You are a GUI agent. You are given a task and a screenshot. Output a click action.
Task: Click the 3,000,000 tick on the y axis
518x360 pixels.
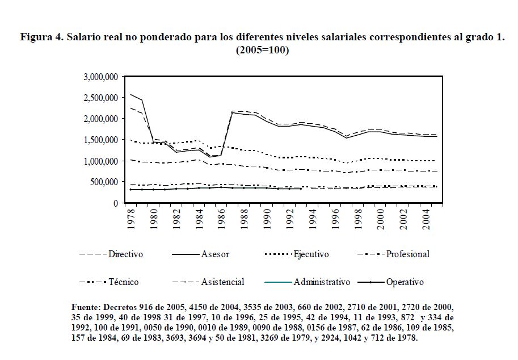pyautogui.click(x=101, y=77)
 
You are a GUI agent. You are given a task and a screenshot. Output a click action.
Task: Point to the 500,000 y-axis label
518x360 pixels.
pyautogui.click(x=105, y=182)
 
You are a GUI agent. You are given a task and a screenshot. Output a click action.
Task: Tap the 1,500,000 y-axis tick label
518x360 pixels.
pyautogui.click(x=101, y=140)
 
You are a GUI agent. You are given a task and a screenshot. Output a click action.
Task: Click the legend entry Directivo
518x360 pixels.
pyautogui.click(x=126, y=254)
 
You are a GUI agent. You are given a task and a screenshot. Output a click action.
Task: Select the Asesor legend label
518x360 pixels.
pyautogui.click(x=215, y=254)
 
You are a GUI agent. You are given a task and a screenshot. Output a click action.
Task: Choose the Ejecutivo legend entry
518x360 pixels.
pyautogui.click(x=311, y=254)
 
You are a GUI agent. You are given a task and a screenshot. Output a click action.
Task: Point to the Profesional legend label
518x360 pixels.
pyautogui.click(x=407, y=254)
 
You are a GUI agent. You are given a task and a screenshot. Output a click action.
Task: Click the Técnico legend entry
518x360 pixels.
pyautogui.click(x=123, y=282)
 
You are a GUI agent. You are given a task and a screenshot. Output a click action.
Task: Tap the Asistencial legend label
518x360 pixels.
pyautogui.click(x=223, y=282)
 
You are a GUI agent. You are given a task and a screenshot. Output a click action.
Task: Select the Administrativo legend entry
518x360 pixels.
pyautogui.click(x=322, y=282)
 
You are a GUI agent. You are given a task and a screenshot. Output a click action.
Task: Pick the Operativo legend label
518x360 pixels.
pyautogui.click(x=405, y=282)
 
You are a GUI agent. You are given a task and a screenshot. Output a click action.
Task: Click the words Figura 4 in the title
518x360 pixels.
pyautogui.click(x=41, y=37)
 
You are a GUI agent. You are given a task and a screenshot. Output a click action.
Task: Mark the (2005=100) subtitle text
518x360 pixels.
pyautogui.click(x=262, y=50)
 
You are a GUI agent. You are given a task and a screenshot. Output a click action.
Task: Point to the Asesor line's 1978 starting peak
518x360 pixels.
pyautogui.click(x=130, y=94)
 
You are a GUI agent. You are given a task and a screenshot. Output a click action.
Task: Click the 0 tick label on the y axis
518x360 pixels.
pyautogui.click(x=115, y=203)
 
